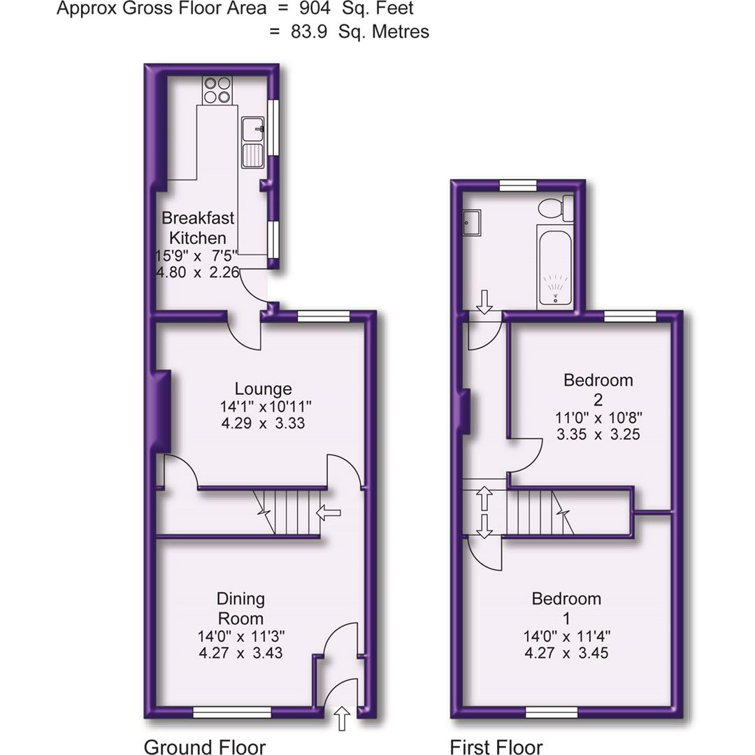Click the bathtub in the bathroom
555,267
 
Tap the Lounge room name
263,389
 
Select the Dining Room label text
240,608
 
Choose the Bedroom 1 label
566,608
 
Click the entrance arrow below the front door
343,719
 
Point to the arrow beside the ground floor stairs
329,514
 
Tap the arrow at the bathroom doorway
484,301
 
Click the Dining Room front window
232,712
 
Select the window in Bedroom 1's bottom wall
552,712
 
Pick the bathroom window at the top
518,185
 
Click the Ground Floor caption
204,747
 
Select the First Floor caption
496,747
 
